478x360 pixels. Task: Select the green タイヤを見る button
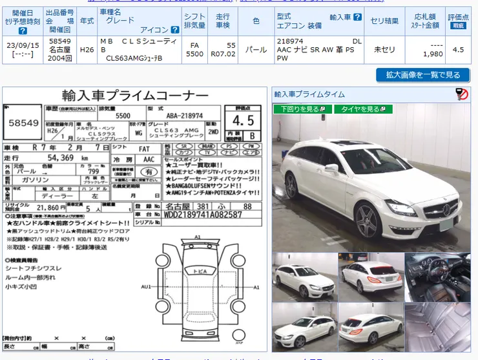[363, 109]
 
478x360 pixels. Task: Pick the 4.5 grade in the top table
[458, 49]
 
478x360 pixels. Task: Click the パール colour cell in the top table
[256, 49]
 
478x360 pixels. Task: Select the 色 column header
[256, 21]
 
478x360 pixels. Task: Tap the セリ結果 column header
[384, 21]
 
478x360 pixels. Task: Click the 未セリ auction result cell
[384, 49]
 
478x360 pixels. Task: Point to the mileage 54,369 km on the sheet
[56, 158]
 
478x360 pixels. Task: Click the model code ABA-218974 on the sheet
[184, 116]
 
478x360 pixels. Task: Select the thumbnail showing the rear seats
[437, 326]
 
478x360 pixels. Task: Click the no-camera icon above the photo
[461, 94]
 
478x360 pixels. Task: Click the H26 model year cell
[87, 49]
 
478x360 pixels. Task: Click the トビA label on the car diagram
[200, 271]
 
